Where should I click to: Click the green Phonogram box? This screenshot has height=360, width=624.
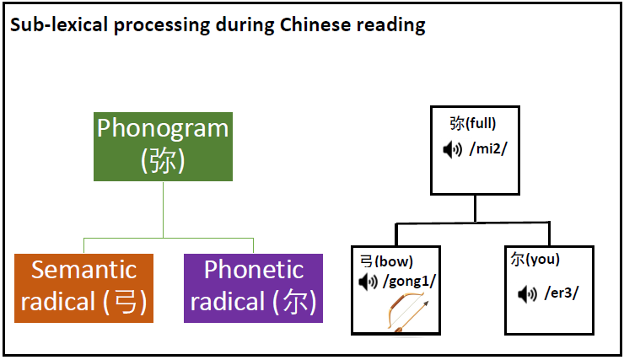click(163, 147)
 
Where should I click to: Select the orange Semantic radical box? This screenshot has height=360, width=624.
click(83, 288)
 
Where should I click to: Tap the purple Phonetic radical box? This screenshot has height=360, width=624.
click(253, 288)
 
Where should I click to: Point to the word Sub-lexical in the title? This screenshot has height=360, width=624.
click(59, 24)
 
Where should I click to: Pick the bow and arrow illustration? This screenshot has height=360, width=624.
click(407, 311)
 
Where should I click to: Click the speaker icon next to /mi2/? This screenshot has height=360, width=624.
click(453, 150)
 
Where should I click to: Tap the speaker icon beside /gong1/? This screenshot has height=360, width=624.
click(368, 282)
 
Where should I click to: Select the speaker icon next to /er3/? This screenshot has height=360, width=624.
click(527, 294)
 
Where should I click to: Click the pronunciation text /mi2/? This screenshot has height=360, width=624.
click(488, 148)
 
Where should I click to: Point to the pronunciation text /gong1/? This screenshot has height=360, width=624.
click(409, 282)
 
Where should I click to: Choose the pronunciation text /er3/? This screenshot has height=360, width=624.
click(562, 293)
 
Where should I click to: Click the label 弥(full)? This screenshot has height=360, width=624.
click(473, 123)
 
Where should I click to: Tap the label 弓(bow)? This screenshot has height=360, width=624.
click(386, 261)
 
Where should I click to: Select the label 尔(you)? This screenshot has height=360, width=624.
click(535, 260)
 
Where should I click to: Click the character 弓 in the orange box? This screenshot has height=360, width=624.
click(126, 302)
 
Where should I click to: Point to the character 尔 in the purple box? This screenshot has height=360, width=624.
click(294, 302)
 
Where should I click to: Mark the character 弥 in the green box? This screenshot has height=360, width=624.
click(163, 161)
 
